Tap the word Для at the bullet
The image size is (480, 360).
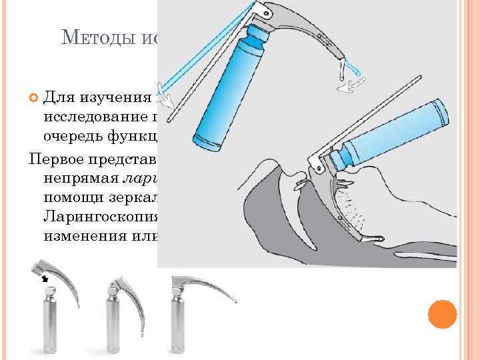[x=58, y=99]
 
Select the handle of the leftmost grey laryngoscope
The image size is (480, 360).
[x=47, y=323]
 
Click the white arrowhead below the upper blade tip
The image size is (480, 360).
[x=346, y=86]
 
